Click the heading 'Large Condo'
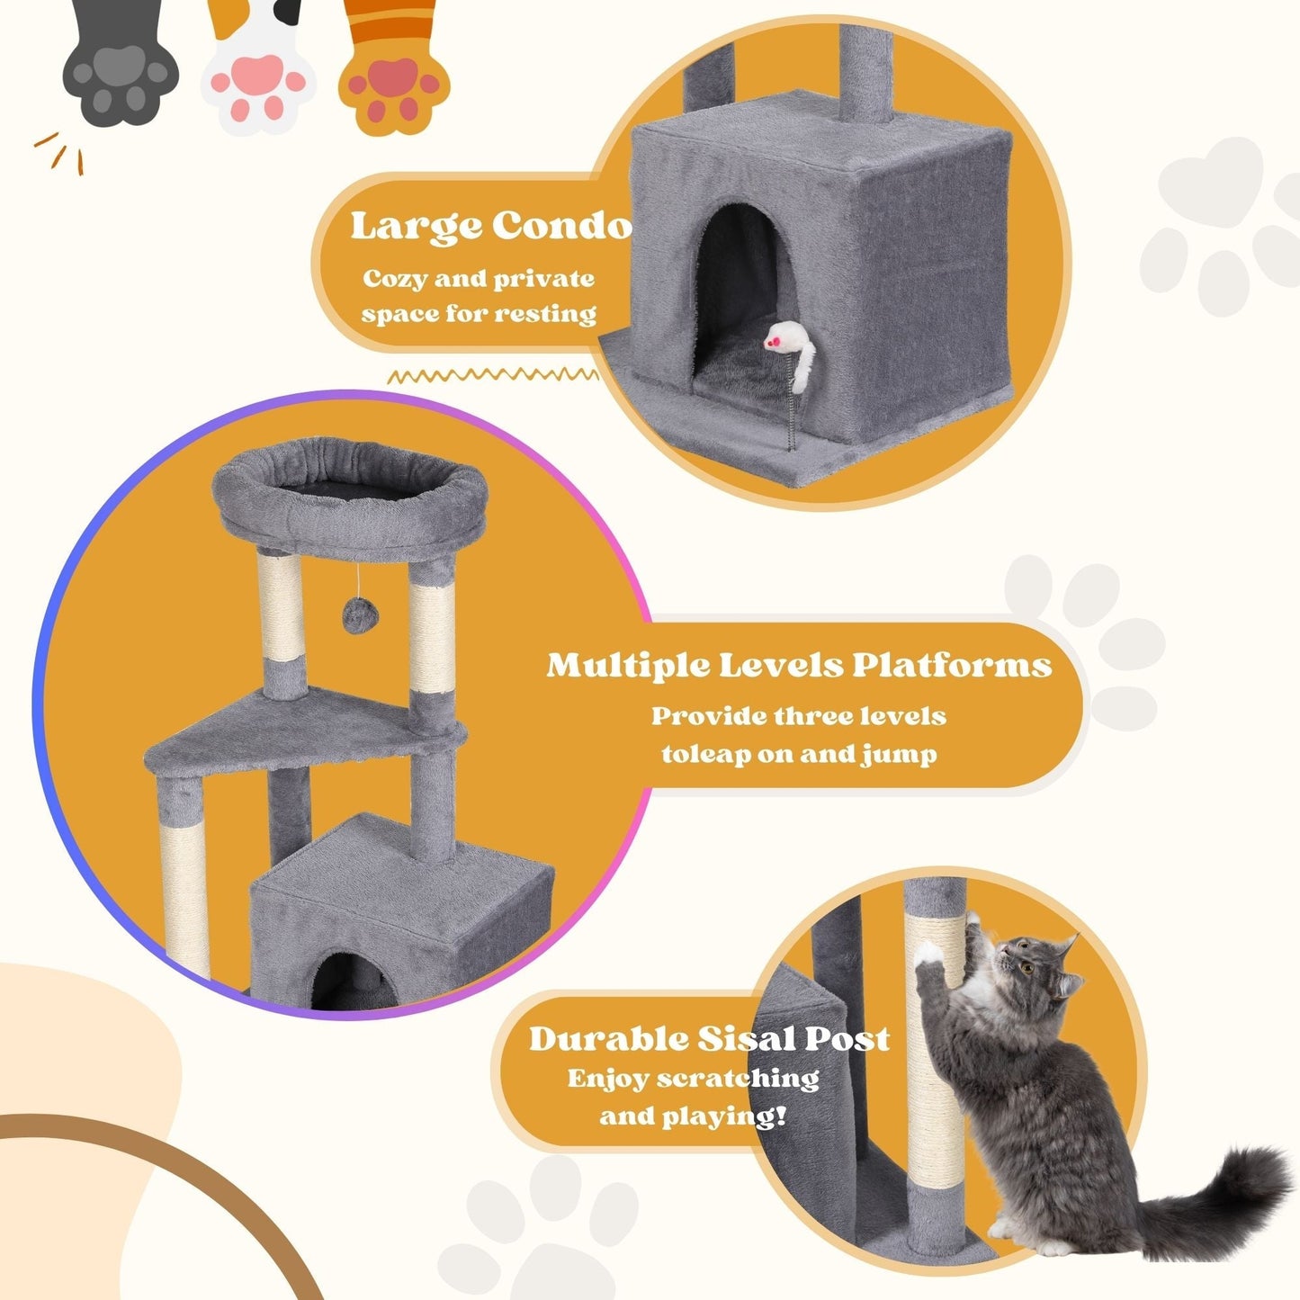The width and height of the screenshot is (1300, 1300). [491, 226]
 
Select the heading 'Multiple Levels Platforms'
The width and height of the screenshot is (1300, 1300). [799, 665]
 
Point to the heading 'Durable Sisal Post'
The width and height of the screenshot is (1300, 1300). [709, 1038]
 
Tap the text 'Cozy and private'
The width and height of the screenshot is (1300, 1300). [479, 279]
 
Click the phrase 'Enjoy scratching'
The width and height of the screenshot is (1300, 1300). [693, 1078]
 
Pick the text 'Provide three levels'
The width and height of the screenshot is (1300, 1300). [799, 716]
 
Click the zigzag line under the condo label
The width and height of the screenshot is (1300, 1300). [493, 374]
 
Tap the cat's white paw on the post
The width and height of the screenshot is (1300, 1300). [928, 955]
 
